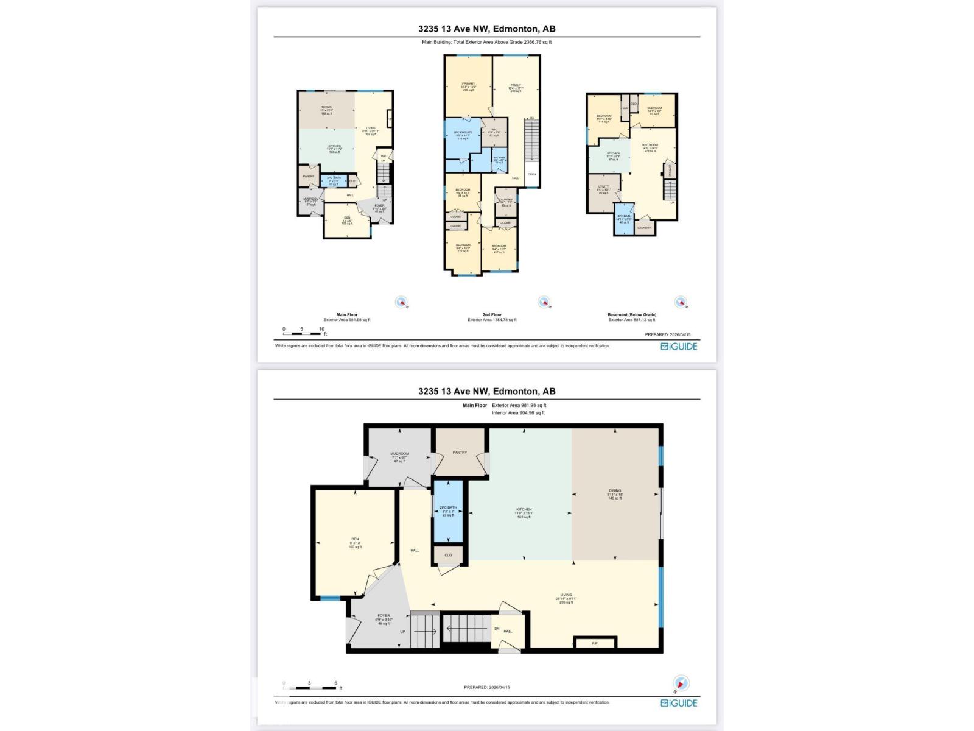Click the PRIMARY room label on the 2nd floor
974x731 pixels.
[468, 83]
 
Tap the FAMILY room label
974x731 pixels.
[516, 85]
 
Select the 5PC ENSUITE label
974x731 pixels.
[463, 132]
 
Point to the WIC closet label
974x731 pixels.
[494, 129]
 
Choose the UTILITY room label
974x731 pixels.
[603, 187]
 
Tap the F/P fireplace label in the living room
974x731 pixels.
[595, 643]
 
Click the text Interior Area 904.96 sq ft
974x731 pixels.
[518, 413]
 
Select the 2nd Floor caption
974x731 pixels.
[492, 315]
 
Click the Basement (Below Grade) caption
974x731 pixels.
[632, 315]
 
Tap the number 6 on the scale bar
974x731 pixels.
[335, 683]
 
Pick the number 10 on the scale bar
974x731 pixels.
[321, 329]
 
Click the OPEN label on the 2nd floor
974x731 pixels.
[531, 174]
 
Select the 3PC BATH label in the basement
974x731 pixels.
[623, 216]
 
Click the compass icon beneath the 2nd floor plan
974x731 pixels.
[544, 302]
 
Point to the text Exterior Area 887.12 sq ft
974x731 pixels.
[632, 320]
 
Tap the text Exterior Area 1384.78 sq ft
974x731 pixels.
[492, 320]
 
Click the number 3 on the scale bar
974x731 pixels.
[309, 683]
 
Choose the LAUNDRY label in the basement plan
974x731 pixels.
[644, 228]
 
